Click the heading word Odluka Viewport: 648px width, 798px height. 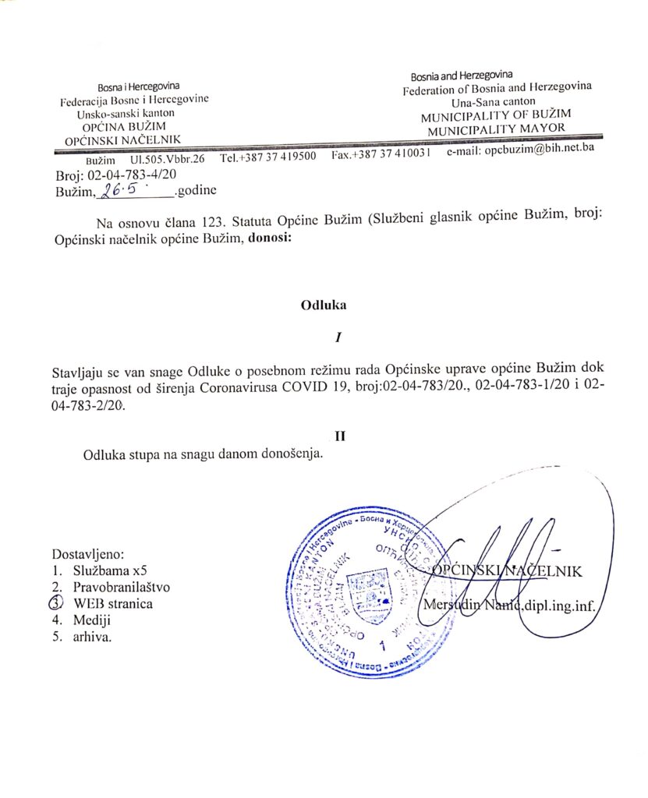pos(323,306)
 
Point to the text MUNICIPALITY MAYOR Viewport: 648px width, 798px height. pos(498,129)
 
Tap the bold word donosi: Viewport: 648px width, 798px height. pos(270,240)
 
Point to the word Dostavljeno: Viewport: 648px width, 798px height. pos(88,554)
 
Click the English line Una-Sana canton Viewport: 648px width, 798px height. pos(492,102)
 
